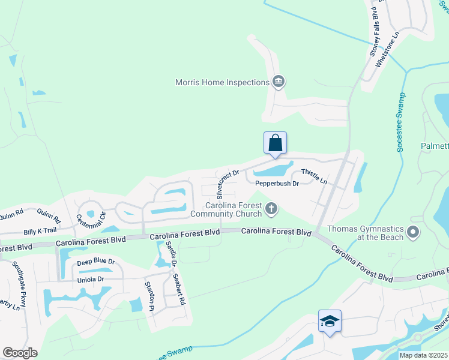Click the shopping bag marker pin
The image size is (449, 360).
coord(275,144)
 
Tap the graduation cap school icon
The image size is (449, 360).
coord(330,322)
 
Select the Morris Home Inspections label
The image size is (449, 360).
coord(221,82)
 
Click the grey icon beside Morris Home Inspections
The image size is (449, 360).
coord(278,82)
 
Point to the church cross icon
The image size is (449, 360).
coord(271,208)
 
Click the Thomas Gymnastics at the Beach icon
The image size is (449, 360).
coord(412,232)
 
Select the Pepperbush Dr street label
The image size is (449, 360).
coord(277,183)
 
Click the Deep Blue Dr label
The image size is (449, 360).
coord(95,263)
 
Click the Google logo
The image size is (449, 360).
coord(20,353)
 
